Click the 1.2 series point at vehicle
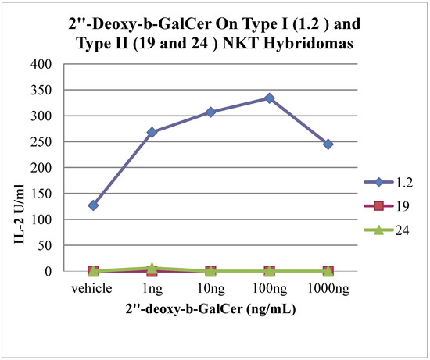click(93, 205)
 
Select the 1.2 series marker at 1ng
click(152, 133)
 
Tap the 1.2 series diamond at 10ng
click(210, 112)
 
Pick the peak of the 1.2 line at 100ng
click(269, 98)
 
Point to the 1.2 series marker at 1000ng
click(328, 144)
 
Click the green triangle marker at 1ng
click(152, 268)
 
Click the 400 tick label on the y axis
click(49, 64)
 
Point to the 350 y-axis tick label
click(49, 91)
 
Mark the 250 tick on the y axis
click(49, 142)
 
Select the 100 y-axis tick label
click(49, 219)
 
